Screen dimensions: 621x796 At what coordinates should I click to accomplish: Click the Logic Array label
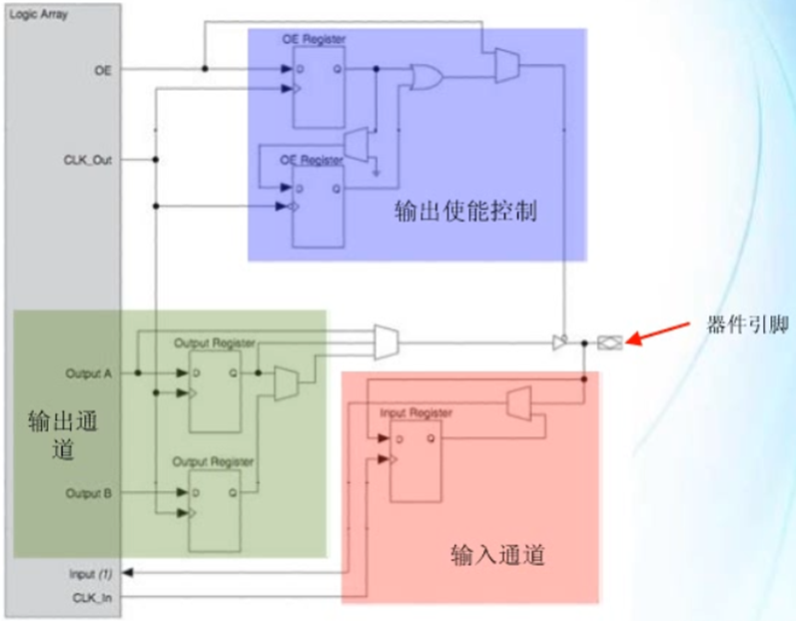click(x=38, y=17)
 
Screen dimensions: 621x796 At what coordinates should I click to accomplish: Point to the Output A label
click(x=89, y=373)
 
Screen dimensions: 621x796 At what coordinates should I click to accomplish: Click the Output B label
click(x=89, y=493)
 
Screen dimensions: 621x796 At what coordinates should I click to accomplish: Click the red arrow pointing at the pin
click(x=659, y=336)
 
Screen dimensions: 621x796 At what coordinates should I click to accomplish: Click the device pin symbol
click(x=608, y=342)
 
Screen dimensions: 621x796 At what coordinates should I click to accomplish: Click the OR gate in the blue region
click(x=427, y=78)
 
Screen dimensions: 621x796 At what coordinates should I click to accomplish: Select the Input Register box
click(x=416, y=460)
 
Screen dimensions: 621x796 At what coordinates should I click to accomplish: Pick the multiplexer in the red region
click(x=518, y=403)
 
